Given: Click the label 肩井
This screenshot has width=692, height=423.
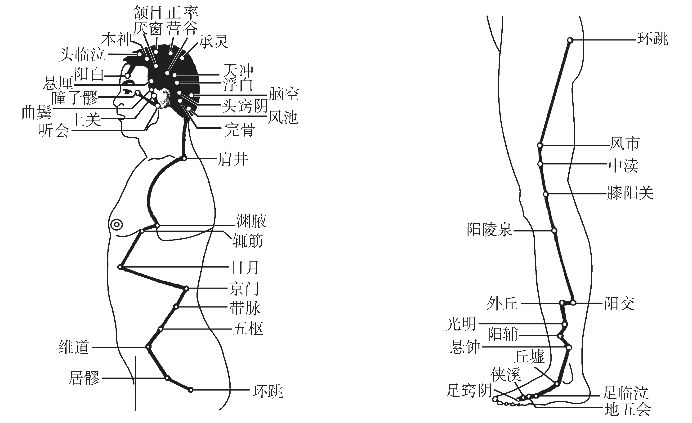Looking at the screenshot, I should (233, 159).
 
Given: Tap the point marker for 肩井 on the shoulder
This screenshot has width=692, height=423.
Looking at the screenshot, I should (184, 158).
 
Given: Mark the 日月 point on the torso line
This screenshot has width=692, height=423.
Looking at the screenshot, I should (120, 267).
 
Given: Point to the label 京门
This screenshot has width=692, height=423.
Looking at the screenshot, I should (244, 289).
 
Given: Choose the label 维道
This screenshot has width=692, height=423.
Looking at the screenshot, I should (74, 347).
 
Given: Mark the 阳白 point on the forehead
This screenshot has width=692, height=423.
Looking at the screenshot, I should (127, 76).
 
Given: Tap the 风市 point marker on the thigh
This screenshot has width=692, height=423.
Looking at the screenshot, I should (540, 145).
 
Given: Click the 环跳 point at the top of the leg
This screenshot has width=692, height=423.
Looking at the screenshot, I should (570, 40).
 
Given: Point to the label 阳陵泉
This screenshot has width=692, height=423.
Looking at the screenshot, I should (490, 230).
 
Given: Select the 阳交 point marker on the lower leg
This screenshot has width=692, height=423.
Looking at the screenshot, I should (573, 303).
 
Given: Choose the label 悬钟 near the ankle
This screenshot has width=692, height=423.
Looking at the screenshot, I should (465, 347).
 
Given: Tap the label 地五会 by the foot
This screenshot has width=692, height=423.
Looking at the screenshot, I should (627, 409).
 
